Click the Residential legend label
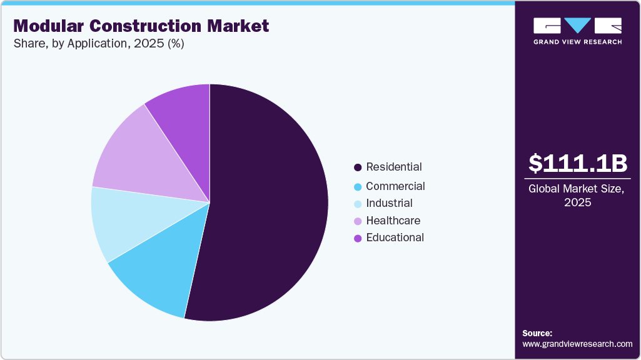pos(394,167)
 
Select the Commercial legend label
pos(395,186)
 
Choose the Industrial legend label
pos(389,203)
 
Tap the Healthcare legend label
pos(393,221)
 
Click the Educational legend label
pos(395,237)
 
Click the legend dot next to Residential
pos(358,167)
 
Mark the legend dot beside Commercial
pos(358,187)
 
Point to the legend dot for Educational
pos(358,238)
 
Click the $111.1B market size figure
pos(577,164)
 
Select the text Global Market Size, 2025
pos(577,196)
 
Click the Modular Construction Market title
pos(141,26)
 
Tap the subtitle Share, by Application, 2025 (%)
pos(98,44)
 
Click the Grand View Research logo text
pos(577,42)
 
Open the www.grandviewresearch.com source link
pos(577,344)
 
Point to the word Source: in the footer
pos(537,334)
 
